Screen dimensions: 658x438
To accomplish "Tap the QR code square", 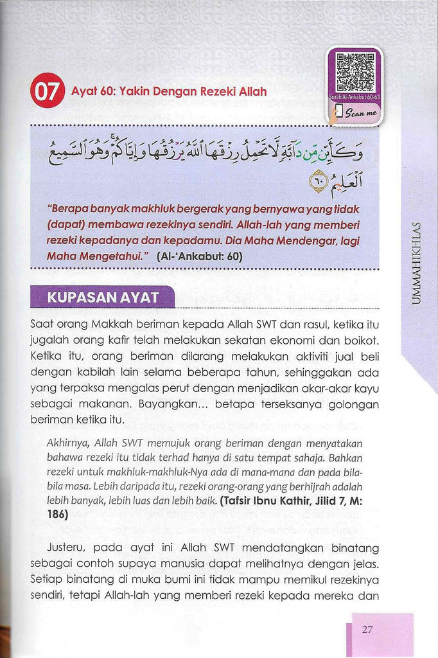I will click(x=355, y=73).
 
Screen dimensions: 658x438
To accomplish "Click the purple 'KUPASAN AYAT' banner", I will click(x=103, y=298).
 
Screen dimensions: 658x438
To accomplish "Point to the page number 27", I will click(x=367, y=629).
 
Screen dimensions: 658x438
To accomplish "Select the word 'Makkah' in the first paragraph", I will click(x=113, y=325).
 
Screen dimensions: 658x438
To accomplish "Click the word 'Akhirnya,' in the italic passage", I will click(x=69, y=443).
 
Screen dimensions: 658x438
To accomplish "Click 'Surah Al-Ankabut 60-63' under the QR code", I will click(x=355, y=97).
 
